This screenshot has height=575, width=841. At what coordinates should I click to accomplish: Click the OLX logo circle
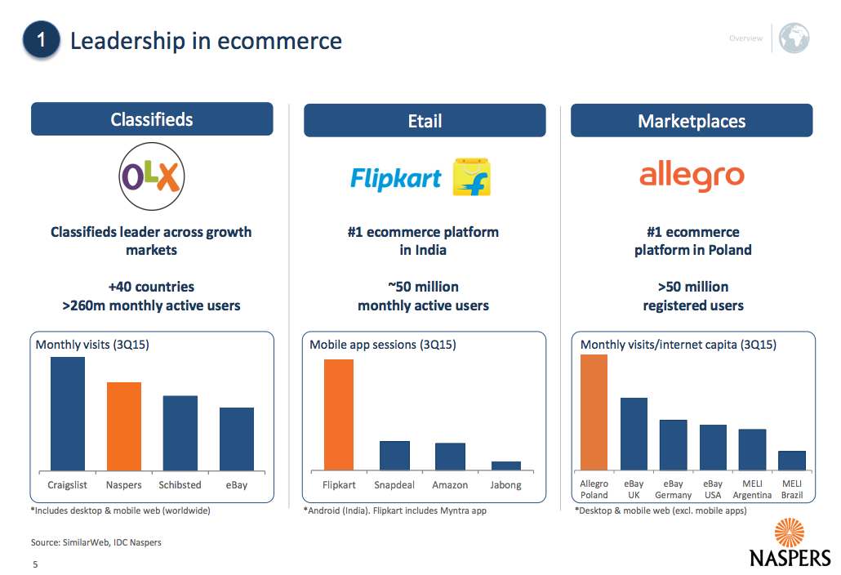coord(152,176)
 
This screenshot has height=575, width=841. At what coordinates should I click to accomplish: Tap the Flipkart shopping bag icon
coord(471,177)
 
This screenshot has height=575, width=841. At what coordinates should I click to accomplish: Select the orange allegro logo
coord(692,176)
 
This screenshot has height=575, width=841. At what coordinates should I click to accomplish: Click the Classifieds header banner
coord(152,119)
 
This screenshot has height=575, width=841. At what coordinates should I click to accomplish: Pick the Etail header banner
coord(425,121)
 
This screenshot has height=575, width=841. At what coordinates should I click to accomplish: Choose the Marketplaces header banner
coord(692,121)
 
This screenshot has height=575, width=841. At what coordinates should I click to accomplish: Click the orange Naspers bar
coord(124,426)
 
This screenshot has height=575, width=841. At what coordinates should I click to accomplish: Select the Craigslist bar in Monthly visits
coord(68,413)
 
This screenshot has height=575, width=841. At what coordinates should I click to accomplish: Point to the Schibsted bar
coord(180,434)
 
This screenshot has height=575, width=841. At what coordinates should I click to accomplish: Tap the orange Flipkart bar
coord(339,415)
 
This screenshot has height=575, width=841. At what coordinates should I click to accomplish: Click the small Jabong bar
coord(505,466)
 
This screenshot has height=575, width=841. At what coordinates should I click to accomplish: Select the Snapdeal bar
coord(394,456)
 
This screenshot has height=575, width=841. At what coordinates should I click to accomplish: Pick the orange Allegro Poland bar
coord(594,412)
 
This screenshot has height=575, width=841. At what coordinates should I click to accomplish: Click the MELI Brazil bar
coord(792,461)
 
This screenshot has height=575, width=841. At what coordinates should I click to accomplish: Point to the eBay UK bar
coord(634,435)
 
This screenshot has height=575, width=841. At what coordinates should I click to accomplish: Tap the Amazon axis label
coord(450,485)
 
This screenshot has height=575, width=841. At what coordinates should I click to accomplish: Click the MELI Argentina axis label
coord(753,489)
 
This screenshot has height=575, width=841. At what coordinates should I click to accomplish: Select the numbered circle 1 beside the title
coord(42,39)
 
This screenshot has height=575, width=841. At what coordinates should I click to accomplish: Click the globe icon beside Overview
coord(794,38)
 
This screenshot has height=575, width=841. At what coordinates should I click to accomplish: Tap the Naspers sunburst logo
coord(790,533)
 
